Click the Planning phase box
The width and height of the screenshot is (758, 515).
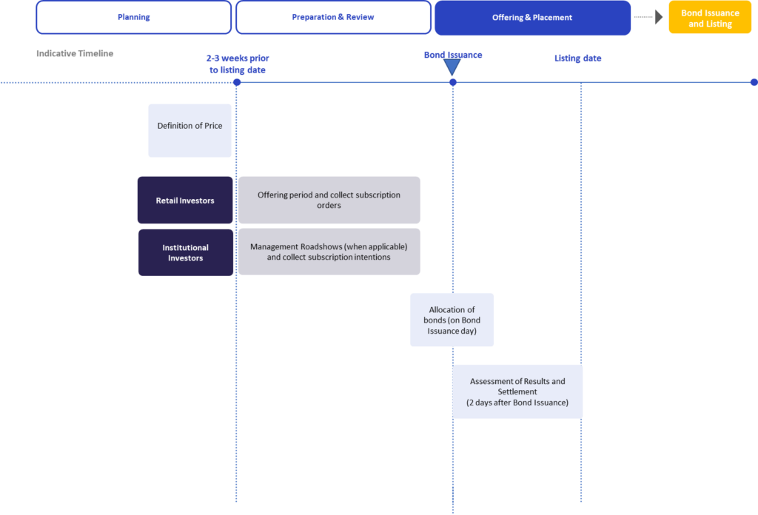(x=134, y=18)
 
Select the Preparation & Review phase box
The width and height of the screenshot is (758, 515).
(x=333, y=18)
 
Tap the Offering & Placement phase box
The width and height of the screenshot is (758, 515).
(x=532, y=18)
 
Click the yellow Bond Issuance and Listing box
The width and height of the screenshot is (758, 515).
(x=710, y=18)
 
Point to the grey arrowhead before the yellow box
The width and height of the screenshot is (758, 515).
(x=659, y=17)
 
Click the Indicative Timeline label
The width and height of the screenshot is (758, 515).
(x=75, y=53)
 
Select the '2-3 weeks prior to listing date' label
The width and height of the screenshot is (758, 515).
(x=238, y=64)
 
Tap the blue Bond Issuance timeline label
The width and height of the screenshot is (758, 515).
(x=453, y=55)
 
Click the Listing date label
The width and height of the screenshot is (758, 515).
(x=577, y=58)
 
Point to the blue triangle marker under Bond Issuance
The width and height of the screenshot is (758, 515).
(x=452, y=67)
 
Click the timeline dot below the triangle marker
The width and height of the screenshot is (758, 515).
(x=453, y=83)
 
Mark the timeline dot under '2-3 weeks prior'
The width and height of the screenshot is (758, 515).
(x=237, y=83)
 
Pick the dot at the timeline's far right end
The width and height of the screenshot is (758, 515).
(x=754, y=83)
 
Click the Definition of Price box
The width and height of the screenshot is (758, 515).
(x=189, y=130)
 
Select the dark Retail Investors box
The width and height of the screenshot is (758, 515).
(x=185, y=200)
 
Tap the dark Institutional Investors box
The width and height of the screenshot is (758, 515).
(x=186, y=252)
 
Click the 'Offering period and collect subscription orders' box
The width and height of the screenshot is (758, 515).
(x=329, y=200)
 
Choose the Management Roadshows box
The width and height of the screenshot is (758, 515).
(x=329, y=252)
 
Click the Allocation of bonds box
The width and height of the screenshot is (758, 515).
(x=452, y=320)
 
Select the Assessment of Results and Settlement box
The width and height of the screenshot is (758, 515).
(x=517, y=392)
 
